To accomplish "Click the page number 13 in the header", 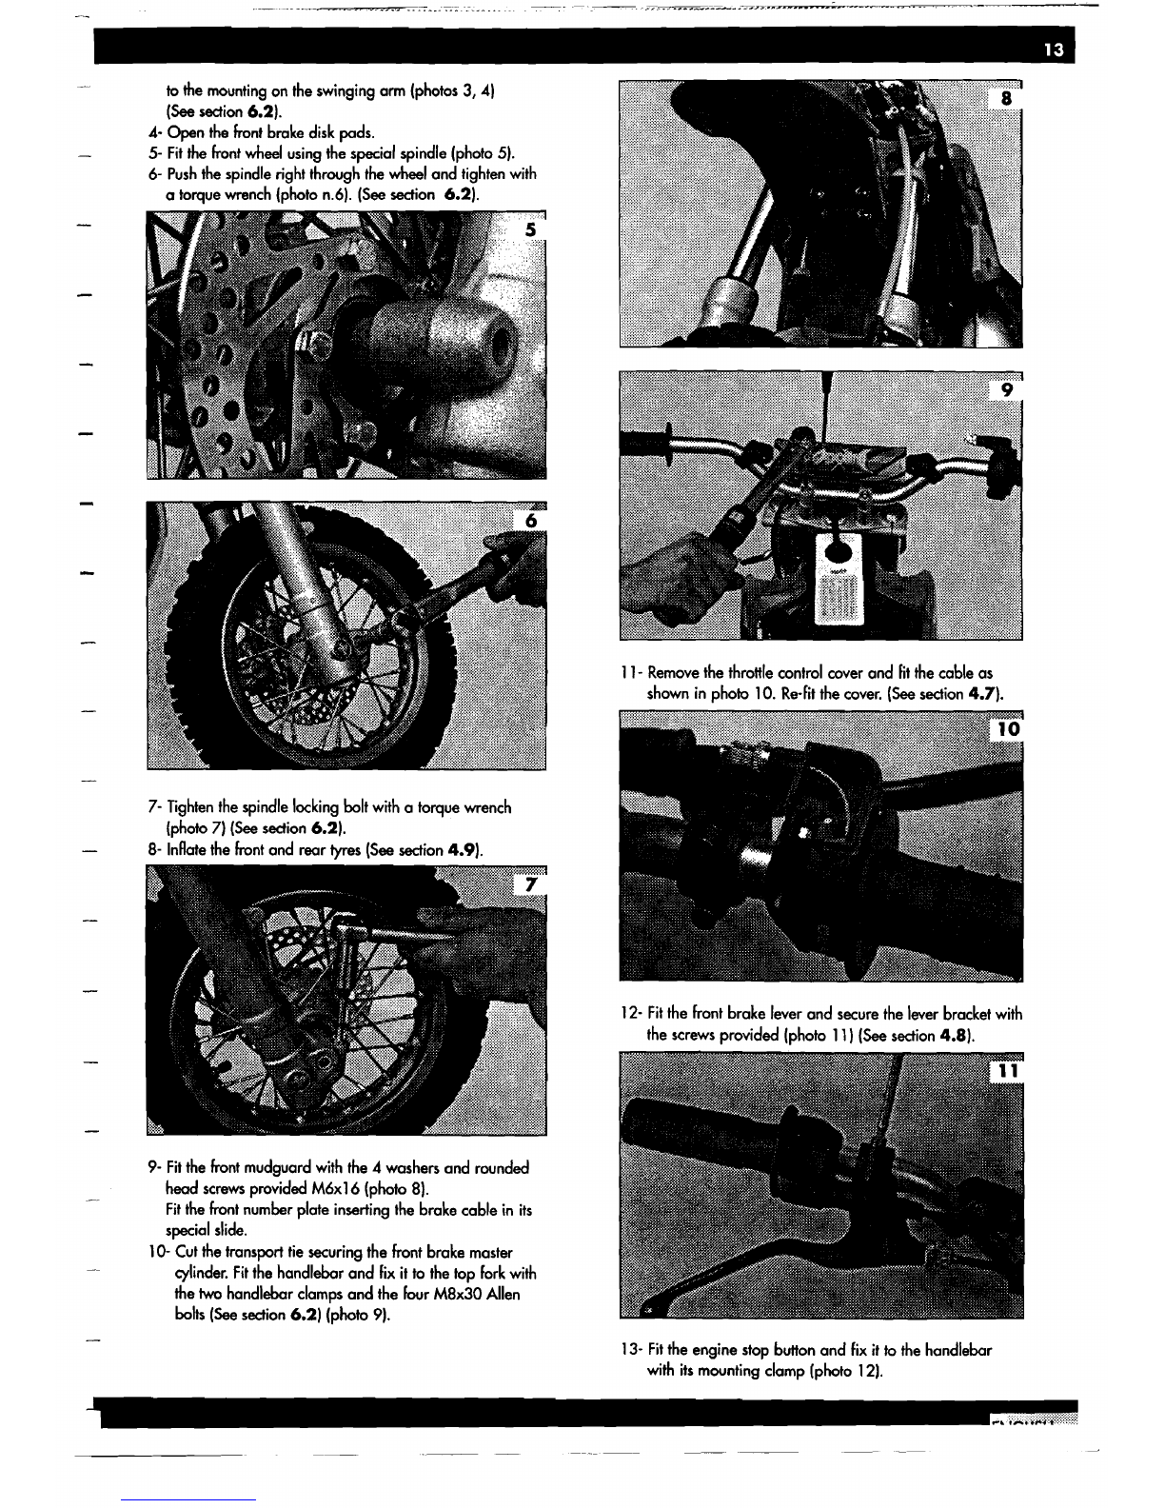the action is (1054, 50).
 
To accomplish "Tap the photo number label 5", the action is (530, 229).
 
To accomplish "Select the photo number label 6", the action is (531, 521).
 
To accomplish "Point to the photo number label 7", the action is (531, 884).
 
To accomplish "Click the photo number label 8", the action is (1006, 99).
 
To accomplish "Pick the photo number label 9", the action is (1007, 390).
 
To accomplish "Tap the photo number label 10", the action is (1008, 728).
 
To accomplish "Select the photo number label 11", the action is (1008, 1071).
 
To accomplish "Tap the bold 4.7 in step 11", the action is (984, 693).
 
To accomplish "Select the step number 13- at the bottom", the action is (631, 1349).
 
